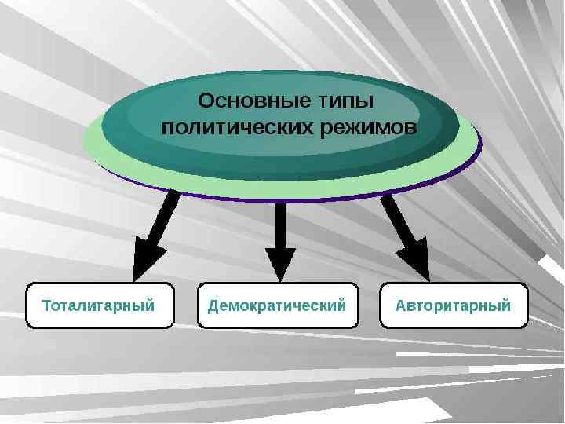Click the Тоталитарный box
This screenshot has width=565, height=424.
tap(100, 305)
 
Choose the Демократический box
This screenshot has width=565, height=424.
tap(277, 305)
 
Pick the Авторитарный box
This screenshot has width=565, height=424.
tap(454, 305)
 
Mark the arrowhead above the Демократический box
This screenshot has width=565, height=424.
tap(280, 263)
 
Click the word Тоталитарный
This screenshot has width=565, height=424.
tap(98, 305)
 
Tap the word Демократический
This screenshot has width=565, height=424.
tap(277, 305)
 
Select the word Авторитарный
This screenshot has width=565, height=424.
tap(454, 305)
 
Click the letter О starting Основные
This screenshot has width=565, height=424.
tap(206, 102)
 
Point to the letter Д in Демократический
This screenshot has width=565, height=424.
tap(213, 305)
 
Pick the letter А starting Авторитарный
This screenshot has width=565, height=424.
tap(401, 305)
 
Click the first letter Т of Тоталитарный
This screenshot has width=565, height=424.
tap(46, 305)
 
